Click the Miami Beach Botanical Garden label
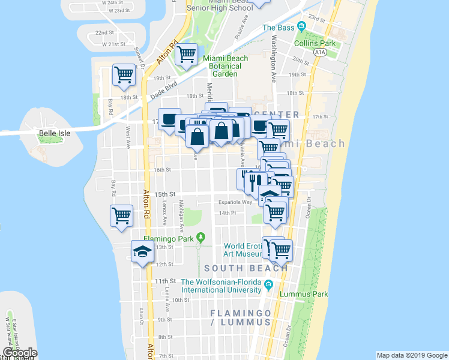click(225, 66)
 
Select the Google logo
click(20, 353)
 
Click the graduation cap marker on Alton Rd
click(142, 250)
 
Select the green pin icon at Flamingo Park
click(200, 238)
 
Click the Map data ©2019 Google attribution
click(412, 355)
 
